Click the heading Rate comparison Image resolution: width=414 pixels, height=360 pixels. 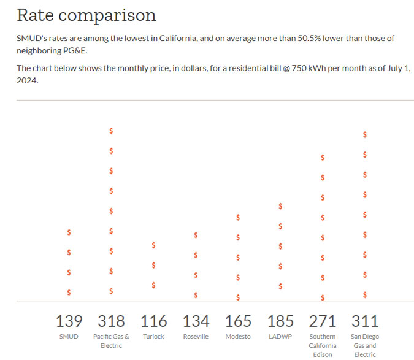pyautogui.click(x=86, y=15)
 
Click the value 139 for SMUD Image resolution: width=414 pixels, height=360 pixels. pyautogui.click(x=69, y=321)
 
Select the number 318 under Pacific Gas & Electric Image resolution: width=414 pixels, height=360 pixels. pyautogui.click(x=111, y=321)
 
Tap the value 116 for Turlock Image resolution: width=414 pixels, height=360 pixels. pyautogui.click(x=153, y=321)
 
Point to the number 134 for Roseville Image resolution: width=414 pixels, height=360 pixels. pyautogui.click(x=196, y=321)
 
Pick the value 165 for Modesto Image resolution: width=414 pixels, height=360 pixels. pyautogui.click(x=238, y=321)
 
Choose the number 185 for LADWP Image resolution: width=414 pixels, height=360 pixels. pyautogui.click(x=280, y=321)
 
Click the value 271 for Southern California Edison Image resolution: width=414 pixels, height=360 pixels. pyautogui.click(x=323, y=321)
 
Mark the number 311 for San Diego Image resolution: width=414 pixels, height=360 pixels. pyautogui.click(x=365, y=321)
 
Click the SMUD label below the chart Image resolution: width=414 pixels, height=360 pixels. pyautogui.click(x=69, y=337)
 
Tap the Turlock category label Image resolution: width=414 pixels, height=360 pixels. pyautogui.click(x=153, y=337)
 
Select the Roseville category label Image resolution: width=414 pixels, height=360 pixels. pyautogui.click(x=196, y=337)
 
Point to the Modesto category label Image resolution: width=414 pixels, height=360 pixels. pyautogui.click(x=238, y=337)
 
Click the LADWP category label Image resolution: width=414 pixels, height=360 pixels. pyautogui.click(x=280, y=337)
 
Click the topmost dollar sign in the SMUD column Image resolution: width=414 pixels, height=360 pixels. pyautogui.click(x=69, y=232)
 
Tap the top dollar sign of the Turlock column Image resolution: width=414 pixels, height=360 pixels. pyautogui.click(x=153, y=245)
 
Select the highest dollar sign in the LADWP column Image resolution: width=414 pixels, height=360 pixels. pyautogui.click(x=280, y=206)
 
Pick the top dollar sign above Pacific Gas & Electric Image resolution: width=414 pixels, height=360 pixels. pyautogui.click(x=111, y=131)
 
